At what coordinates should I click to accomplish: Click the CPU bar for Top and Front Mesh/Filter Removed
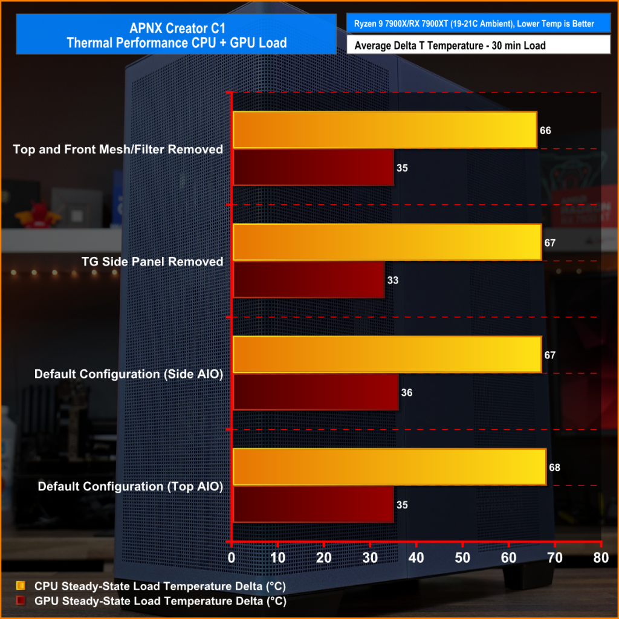[x=384, y=130]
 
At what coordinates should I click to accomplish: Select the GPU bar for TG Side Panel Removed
[x=308, y=280]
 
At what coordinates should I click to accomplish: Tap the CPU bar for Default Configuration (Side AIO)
[x=387, y=355]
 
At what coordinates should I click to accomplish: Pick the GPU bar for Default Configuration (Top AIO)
[x=313, y=505]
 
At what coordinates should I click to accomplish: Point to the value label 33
[x=393, y=280]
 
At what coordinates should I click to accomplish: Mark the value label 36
[x=407, y=393]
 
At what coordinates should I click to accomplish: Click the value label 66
[x=546, y=131]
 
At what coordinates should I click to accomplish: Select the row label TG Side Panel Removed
[x=152, y=262]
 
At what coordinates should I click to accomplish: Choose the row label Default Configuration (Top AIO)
[x=131, y=487]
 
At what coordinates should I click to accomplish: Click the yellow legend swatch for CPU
[x=21, y=586]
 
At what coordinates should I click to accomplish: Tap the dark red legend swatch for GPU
[x=21, y=601]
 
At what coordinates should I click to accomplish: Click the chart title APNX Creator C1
[x=176, y=28]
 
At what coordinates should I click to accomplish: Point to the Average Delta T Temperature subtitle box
[x=478, y=45]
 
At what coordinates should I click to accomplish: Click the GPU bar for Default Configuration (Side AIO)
[x=316, y=392]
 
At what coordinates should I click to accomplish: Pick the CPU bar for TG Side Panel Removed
[x=387, y=242]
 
